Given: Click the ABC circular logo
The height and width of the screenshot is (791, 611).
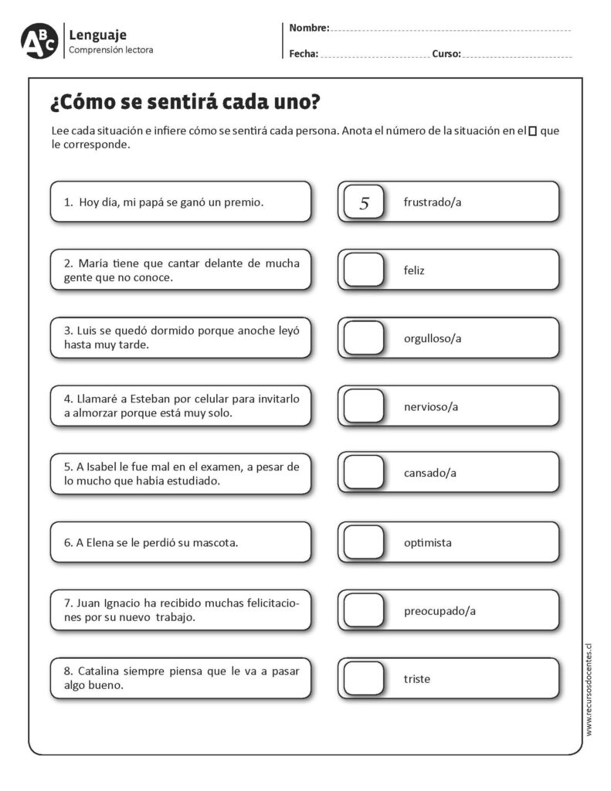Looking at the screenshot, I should (x=39, y=41).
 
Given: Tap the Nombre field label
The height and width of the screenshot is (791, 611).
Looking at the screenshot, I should (x=309, y=29).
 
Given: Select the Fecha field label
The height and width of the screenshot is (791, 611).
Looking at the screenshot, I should (x=304, y=54).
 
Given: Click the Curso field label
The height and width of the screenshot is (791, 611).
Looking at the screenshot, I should (x=446, y=54).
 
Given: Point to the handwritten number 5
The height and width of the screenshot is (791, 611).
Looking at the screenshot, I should (x=365, y=203).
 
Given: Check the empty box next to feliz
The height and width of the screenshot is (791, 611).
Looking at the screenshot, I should (x=364, y=270).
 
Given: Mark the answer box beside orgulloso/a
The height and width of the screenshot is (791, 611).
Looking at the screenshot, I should (x=364, y=338).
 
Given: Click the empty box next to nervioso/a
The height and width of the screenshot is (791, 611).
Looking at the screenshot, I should (x=364, y=406).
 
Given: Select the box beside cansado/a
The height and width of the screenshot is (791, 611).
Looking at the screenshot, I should (x=364, y=473).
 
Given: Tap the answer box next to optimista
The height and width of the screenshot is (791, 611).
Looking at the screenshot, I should (x=364, y=542).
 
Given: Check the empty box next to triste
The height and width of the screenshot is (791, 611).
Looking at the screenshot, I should (x=364, y=679).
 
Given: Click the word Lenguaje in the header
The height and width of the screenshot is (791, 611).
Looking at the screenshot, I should (x=98, y=35).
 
